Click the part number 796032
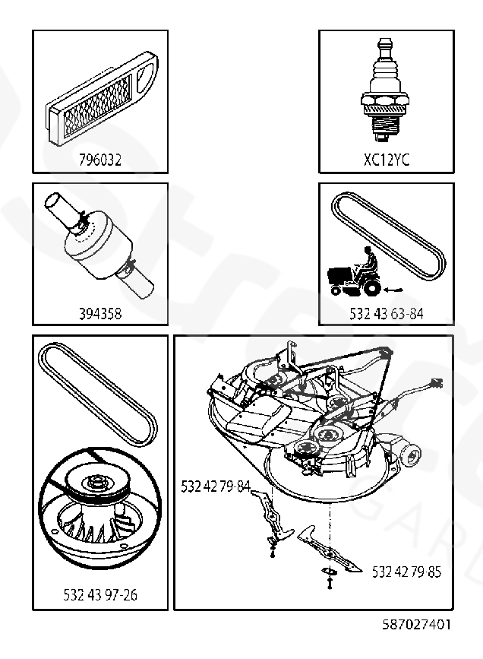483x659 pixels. (99, 160)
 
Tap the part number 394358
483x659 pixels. (99, 312)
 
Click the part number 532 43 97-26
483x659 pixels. (99, 594)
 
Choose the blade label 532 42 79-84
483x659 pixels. (216, 486)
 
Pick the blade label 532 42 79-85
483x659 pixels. (406, 572)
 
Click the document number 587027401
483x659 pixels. (416, 625)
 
